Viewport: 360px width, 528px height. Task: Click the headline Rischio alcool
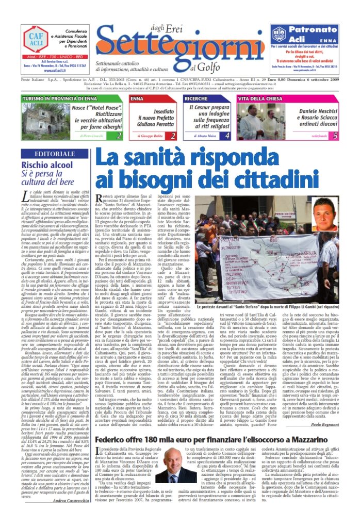tap(55, 165)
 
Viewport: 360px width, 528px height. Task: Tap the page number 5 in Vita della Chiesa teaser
tap(335, 136)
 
